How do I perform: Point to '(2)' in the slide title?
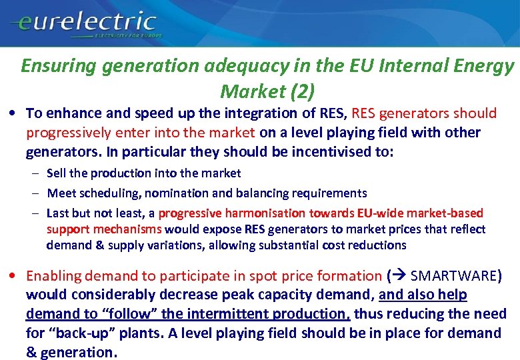pos(301,90)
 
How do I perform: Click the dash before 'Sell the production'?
pos(35,173)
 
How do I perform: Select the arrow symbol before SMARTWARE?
pos(400,276)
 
